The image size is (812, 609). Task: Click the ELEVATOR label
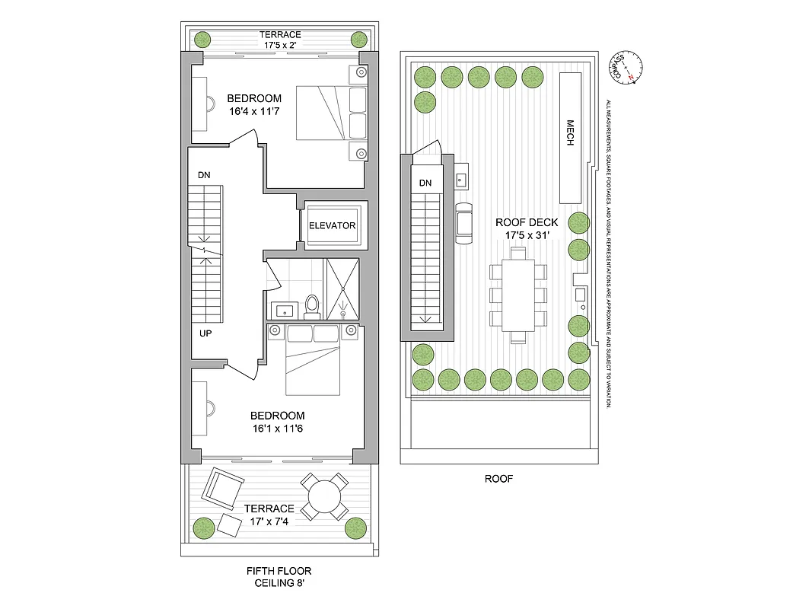pos(332,226)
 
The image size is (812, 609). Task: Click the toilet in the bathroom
pos(311,306)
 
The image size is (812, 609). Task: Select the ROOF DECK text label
pos(527,222)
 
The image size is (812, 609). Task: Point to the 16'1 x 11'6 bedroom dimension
pos(278,429)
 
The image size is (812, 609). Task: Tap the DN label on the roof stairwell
pos(425,183)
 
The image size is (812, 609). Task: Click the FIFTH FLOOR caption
pos(279,571)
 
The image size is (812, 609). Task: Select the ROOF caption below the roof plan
pos(498,479)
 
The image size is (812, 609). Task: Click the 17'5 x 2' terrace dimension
pos(280,45)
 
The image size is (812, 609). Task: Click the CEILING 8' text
pos(279,584)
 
